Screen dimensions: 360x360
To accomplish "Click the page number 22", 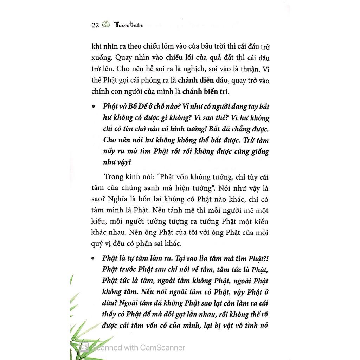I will click(95, 25).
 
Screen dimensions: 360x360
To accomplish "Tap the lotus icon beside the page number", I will click(105, 25).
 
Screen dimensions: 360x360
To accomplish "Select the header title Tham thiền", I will click(128, 25).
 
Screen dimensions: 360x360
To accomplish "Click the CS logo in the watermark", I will click(84, 347).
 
